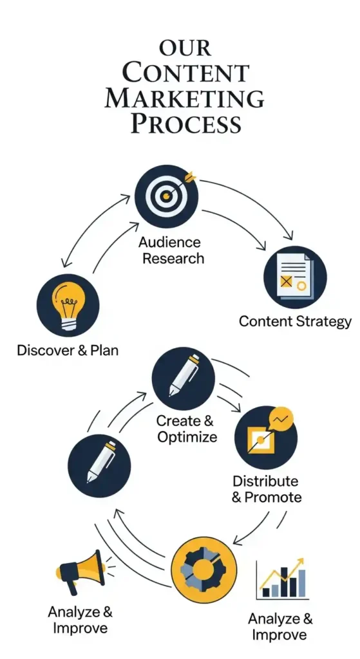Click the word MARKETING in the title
tap(184, 98)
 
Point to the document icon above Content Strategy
tap(294, 277)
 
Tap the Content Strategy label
tap(294, 320)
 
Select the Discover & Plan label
tap(68, 351)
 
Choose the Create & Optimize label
tap(186, 429)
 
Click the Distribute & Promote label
tap(266, 489)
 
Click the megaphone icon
tap(81, 570)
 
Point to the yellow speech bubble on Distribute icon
tap(281, 419)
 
